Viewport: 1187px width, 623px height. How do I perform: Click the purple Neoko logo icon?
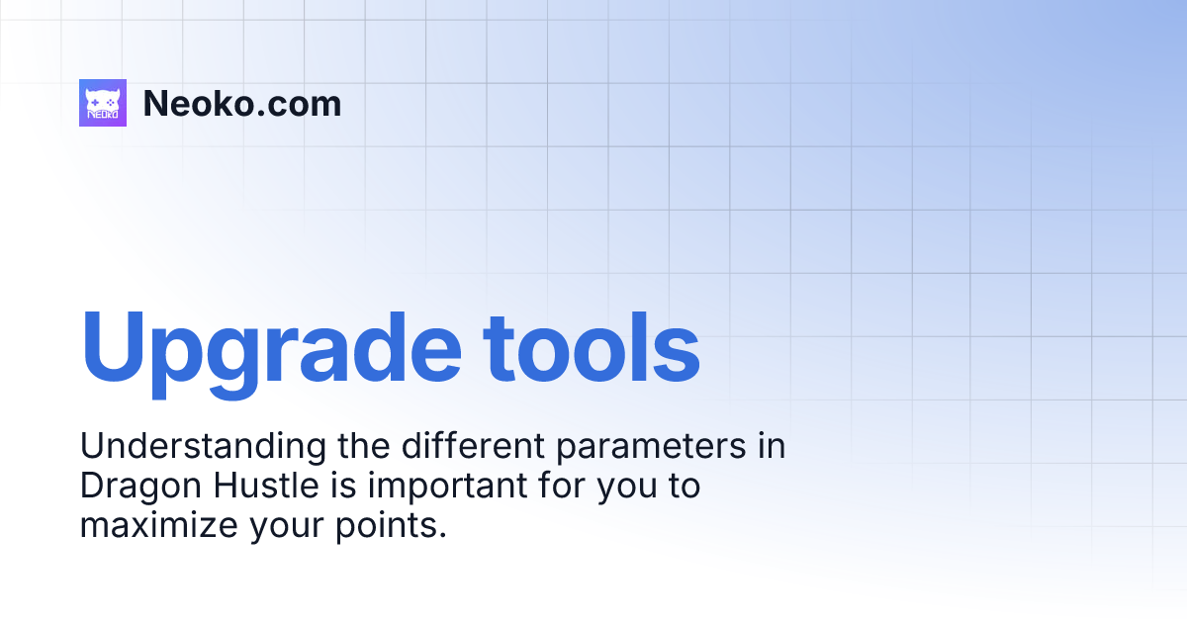pyautogui.click(x=103, y=103)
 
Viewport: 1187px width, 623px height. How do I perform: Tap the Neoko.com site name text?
pyautogui.click(x=242, y=103)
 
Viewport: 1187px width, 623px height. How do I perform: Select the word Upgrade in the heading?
pyautogui.click(x=269, y=349)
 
